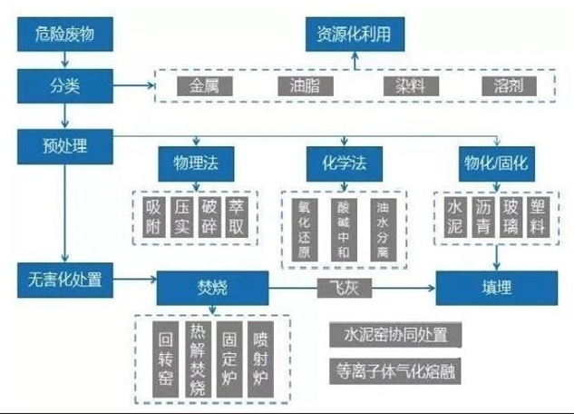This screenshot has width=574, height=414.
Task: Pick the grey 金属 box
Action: point(210,87)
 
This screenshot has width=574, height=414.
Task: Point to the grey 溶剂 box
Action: point(509,87)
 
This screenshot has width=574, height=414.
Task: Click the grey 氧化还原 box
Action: point(305,229)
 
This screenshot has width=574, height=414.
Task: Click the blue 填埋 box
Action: point(495,289)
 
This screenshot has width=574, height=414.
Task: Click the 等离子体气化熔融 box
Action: point(394,371)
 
